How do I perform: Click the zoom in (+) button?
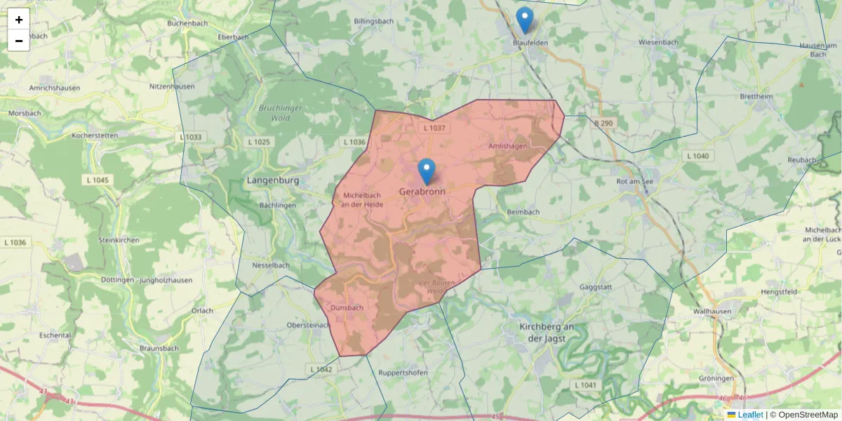click(19, 20)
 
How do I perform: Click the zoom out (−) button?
click(19, 41)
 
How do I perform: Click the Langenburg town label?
click(273, 180)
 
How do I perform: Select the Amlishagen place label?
click(507, 146)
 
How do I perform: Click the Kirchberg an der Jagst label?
click(547, 333)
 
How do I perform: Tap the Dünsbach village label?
click(347, 307)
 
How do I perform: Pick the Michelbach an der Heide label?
click(361, 199)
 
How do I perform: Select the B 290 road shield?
click(603, 123)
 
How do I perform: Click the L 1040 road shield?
click(697, 156)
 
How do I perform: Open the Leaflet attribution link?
click(750, 415)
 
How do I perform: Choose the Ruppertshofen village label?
click(403, 373)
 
